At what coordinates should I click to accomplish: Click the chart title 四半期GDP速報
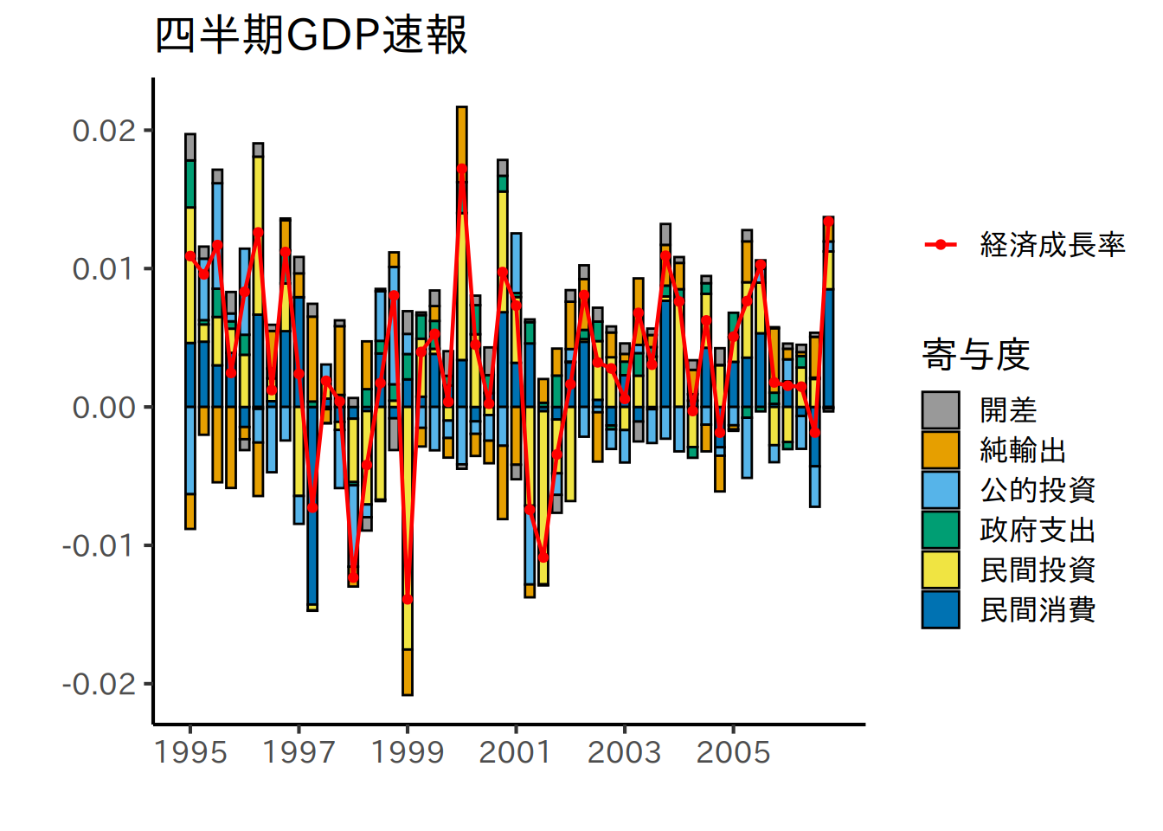pos(311,36)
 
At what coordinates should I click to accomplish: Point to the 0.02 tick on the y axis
pos(105,131)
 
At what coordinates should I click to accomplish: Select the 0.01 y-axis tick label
pos(105,268)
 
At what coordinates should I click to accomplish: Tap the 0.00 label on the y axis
pos(105,407)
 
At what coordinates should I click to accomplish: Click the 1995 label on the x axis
pos(190,752)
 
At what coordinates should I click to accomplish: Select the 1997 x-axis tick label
pos(299,752)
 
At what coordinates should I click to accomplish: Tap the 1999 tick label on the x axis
pos(408,752)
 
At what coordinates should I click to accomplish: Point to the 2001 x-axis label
pos(516,752)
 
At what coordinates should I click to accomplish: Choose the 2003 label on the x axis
pos(624,752)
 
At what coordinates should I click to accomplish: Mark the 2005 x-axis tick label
pos(733,752)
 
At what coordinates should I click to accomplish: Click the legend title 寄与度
pos(975,355)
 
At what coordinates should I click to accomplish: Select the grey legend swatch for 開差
pos(941,409)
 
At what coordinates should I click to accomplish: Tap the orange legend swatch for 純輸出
pos(941,450)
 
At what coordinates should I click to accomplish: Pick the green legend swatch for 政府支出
pos(941,530)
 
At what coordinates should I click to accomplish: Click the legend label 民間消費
pos(1038,609)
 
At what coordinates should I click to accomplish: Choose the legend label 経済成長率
pos(1052,245)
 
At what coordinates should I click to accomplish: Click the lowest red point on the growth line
pos(408,599)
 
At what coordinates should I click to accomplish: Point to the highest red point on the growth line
pos(462,169)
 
